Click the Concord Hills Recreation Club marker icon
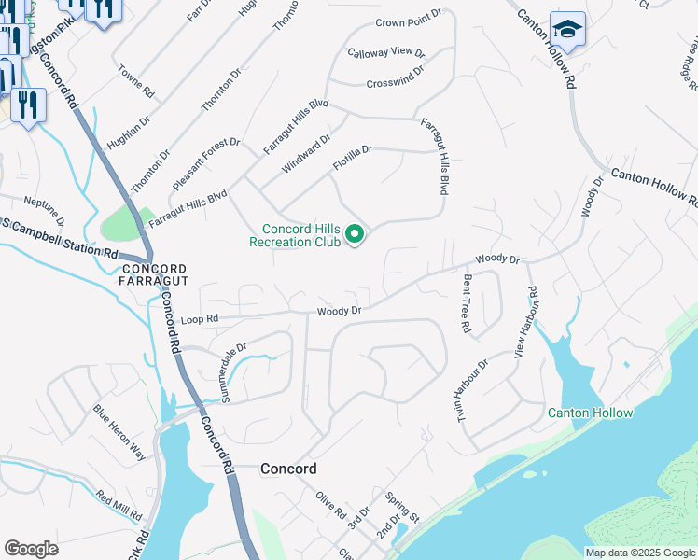[x=355, y=233]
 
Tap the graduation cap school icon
[x=567, y=32]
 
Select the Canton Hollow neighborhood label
[x=590, y=413]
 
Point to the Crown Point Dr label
[x=409, y=21]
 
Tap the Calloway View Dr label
[x=385, y=53]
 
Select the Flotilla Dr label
[x=353, y=157]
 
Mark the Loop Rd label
[x=199, y=319]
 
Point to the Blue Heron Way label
[x=119, y=431]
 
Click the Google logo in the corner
[x=31, y=549]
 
